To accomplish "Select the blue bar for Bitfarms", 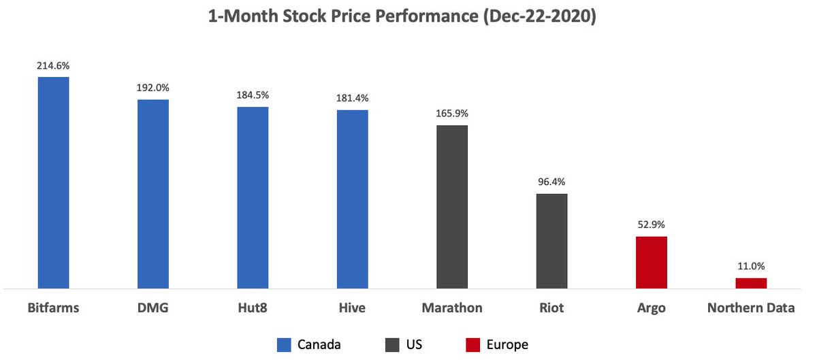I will pos(53,182).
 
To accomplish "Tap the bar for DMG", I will pos(153,194).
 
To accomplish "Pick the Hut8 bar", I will pos(253,197).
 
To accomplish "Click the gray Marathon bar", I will pos(452,207).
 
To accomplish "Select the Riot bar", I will pos(551,241).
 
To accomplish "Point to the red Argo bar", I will pos(652,263).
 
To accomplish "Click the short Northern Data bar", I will pos(751,283).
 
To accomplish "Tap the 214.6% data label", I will pos(53,66).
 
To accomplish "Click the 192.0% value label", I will pos(153,88).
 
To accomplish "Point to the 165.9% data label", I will pos(452,113).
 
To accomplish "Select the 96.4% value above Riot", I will pos(551,182).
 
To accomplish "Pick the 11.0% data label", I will pos(751,266).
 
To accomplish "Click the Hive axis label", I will pos(352,308).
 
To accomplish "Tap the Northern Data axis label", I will pos(751,308).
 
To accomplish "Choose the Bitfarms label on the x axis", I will pos(53,308).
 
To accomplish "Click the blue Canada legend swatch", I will pos(284,345).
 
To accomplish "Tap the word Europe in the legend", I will pos(507,345).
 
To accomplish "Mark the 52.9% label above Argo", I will pos(652,225).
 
